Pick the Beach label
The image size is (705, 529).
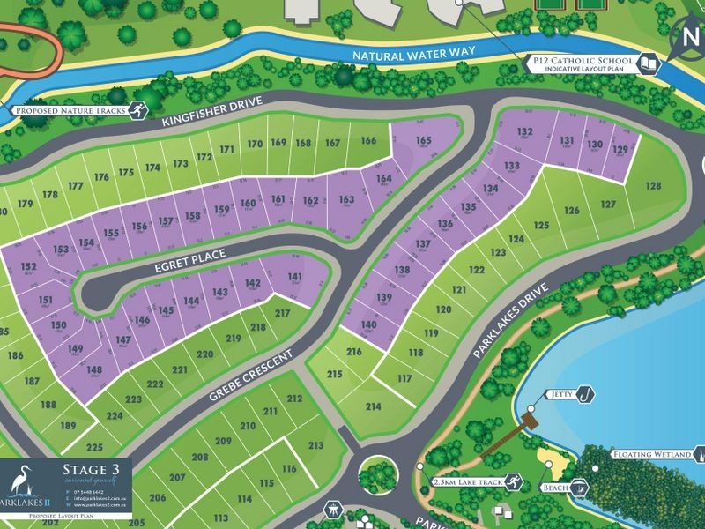click(x=557, y=487)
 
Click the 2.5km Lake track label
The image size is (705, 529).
click(x=467, y=482)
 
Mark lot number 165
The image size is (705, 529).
click(x=424, y=141)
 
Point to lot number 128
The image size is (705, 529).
click(x=653, y=186)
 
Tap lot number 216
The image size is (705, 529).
click(x=354, y=352)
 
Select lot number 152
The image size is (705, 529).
click(x=28, y=267)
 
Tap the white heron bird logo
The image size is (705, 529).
click(x=25, y=481)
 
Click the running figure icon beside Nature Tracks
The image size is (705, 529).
click(x=136, y=110)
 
